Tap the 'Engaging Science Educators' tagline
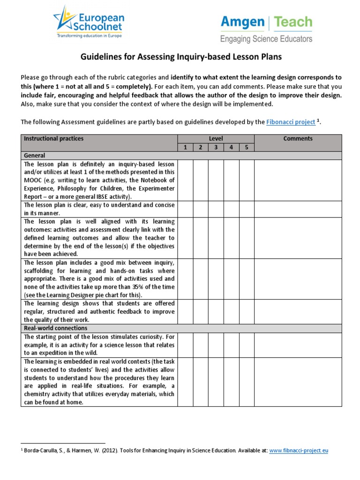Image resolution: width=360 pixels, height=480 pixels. (266, 39)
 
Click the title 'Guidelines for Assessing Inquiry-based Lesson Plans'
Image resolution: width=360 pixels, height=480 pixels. (180, 57)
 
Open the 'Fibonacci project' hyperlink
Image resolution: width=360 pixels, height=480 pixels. (291, 122)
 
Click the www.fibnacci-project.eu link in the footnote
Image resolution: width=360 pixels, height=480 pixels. (299, 450)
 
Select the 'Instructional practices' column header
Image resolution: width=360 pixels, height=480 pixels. (53, 139)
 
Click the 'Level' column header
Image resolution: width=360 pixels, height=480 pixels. (216, 139)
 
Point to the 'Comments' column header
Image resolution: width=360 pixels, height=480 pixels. (298, 139)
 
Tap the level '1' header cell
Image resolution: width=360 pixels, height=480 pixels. (185, 147)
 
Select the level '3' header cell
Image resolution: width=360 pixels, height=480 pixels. (216, 147)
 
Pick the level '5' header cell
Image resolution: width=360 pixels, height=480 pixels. (247, 147)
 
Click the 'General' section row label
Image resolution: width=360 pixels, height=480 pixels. (35, 156)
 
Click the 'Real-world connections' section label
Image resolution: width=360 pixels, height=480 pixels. (56, 328)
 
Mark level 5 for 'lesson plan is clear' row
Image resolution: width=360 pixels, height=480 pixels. (247, 209)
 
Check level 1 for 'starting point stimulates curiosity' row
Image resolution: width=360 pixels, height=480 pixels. (185, 345)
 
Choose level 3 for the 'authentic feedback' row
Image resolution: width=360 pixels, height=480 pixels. (216, 312)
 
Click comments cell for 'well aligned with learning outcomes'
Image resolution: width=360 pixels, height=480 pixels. (298, 238)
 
